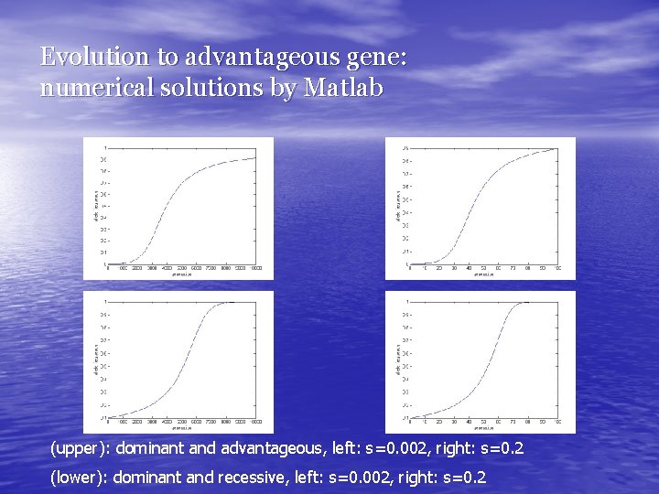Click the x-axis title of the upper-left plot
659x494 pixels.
tap(182, 274)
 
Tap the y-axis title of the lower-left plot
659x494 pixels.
tap(95, 359)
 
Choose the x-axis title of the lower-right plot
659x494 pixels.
tap(484, 427)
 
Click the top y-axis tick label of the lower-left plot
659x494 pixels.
tap(103, 301)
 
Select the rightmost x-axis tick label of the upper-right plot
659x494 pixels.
tap(557, 268)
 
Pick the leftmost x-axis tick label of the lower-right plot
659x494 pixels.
tap(410, 422)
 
